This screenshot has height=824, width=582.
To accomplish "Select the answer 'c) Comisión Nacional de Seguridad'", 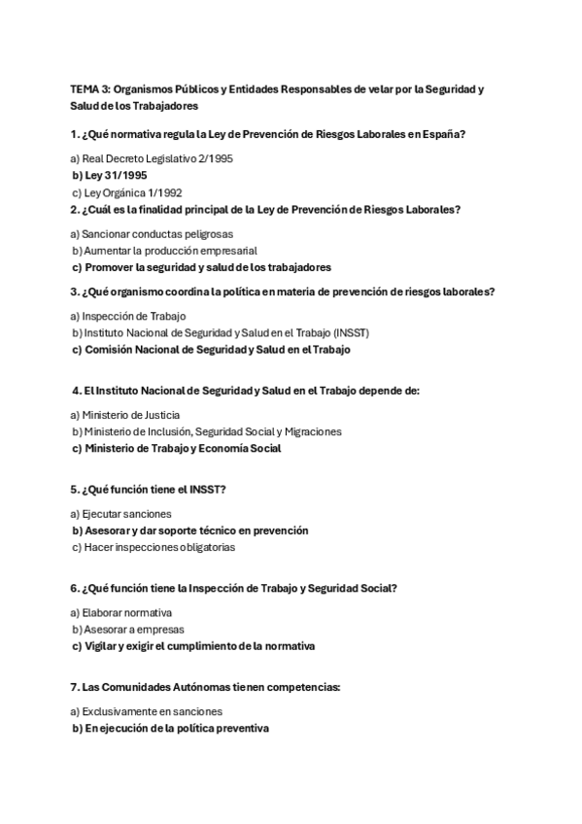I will (x=211, y=349).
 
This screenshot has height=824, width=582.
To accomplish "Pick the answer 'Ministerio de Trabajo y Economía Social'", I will (x=183, y=448).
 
